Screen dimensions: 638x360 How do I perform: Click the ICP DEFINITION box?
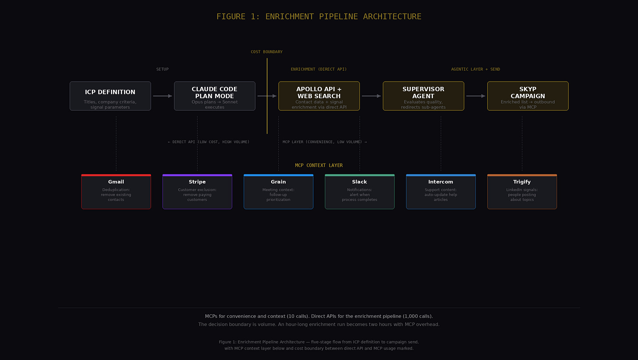(x=110, y=96)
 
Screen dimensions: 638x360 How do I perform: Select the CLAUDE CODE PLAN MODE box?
(x=214, y=96)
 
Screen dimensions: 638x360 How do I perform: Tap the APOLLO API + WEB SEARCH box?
(x=319, y=96)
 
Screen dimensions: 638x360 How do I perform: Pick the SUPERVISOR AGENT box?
(x=423, y=96)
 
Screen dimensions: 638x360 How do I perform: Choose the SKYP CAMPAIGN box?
(x=528, y=96)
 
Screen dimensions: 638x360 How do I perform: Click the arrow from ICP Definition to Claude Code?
(x=163, y=96)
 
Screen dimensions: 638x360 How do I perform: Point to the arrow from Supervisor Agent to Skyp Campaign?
(x=475, y=96)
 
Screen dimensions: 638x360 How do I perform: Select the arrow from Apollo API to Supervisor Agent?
(x=371, y=96)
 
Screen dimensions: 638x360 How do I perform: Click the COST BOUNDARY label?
(x=266, y=52)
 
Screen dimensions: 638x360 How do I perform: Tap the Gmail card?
(x=116, y=192)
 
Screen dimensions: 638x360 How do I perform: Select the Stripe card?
(x=197, y=192)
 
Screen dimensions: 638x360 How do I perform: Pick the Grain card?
(x=278, y=192)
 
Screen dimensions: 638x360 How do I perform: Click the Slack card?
(x=359, y=192)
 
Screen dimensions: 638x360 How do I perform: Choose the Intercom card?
(x=441, y=192)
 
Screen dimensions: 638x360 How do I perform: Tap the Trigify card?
(x=522, y=192)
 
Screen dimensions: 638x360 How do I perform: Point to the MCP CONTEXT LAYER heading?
(x=319, y=165)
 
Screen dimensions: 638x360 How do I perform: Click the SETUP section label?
(x=162, y=69)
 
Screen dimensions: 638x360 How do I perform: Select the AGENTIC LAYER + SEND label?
(x=475, y=69)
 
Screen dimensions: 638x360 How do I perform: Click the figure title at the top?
(x=319, y=17)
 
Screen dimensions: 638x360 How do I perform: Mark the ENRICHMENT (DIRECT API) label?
(x=319, y=69)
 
